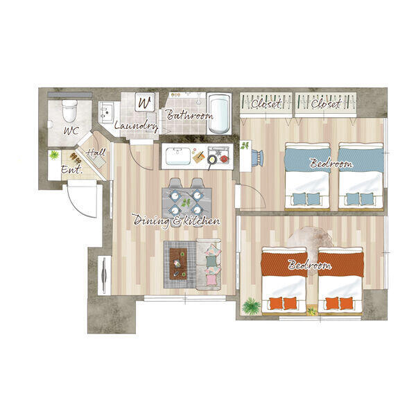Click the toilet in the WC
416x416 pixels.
point(69,110)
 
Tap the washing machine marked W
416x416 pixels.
point(145,102)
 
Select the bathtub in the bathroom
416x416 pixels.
point(219,114)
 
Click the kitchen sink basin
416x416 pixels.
point(178,156)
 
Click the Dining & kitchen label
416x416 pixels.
point(176,220)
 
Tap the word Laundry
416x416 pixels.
point(137,125)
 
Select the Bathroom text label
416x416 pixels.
point(189,115)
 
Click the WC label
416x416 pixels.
point(71,130)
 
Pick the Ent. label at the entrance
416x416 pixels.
point(71,169)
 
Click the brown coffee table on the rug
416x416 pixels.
point(178,263)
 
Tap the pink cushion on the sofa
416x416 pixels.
point(211,280)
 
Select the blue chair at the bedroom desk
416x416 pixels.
point(257,158)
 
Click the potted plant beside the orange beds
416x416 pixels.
point(251,306)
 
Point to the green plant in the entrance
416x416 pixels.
point(54,155)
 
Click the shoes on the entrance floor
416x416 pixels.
point(76,158)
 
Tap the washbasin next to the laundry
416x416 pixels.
point(106,112)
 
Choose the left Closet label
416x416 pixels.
point(266,104)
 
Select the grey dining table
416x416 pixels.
point(187,203)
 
